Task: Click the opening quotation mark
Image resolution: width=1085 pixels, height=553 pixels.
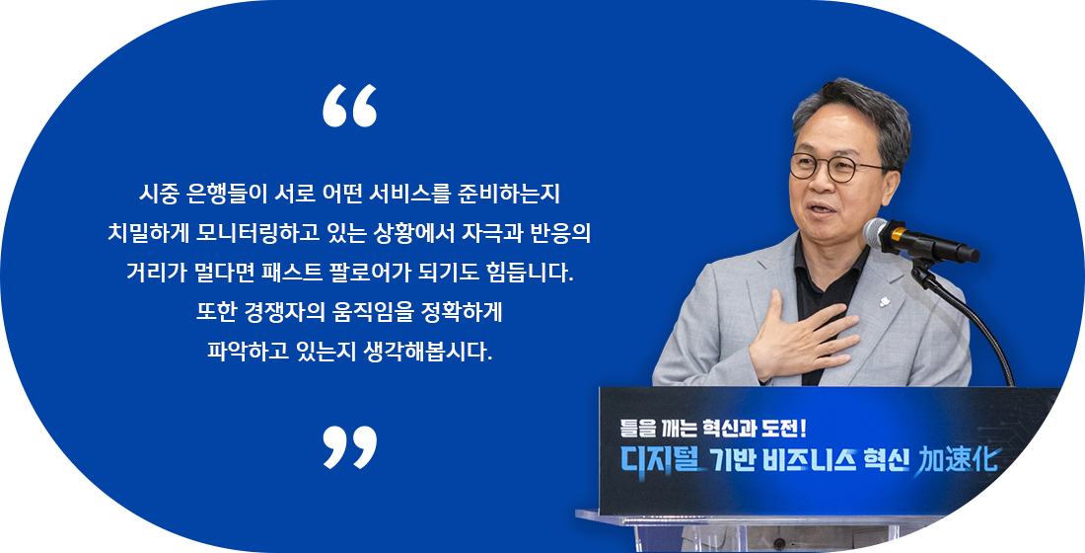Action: pyautogui.click(x=349, y=106)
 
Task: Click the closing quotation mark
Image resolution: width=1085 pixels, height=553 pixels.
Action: pyautogui.click(x=349, y=447)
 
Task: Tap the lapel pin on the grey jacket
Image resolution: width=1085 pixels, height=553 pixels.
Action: pyautogui.click(x=884, y=301)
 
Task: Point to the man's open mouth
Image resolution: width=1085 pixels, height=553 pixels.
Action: pyautogui.click(x=822, y=208)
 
